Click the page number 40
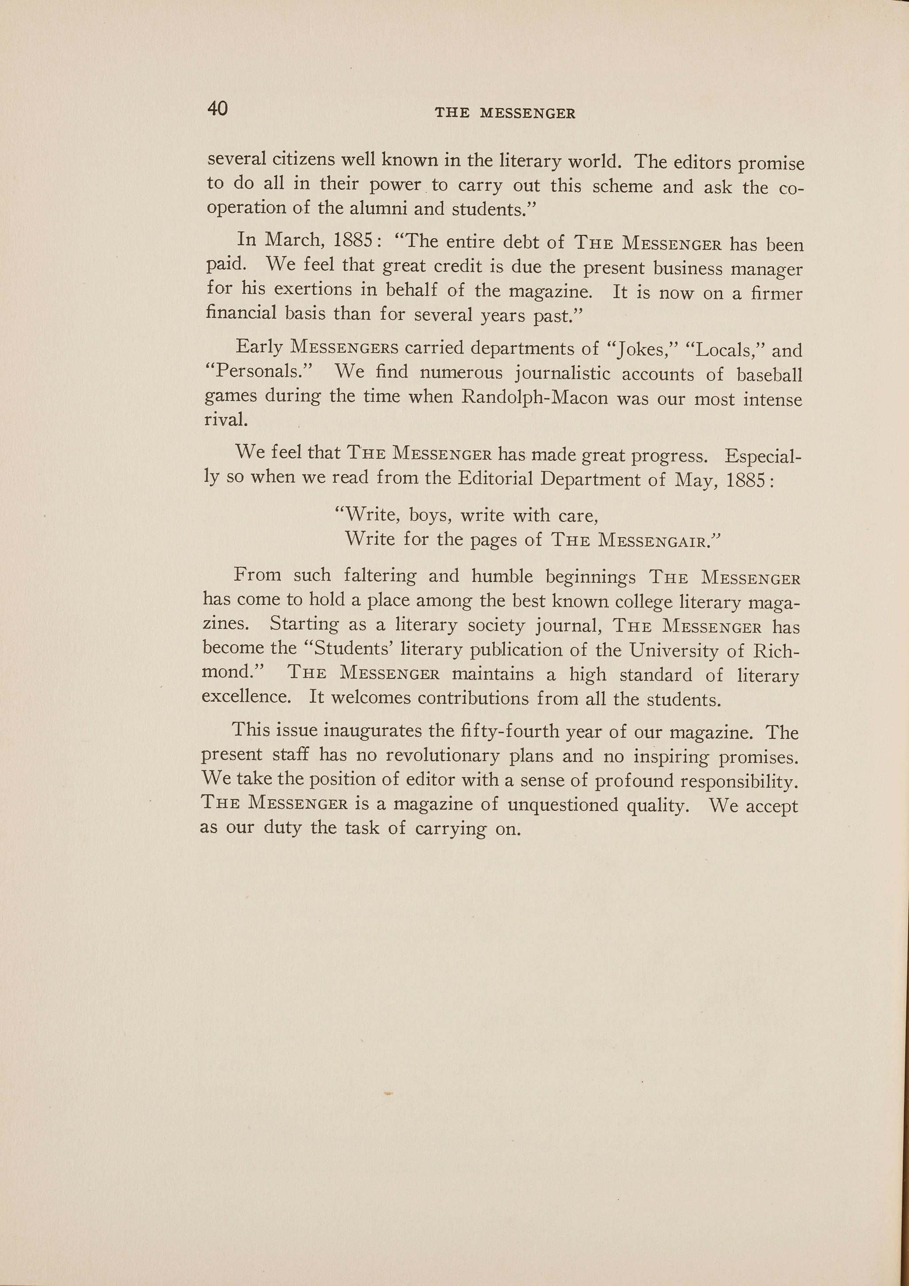click(x=217, y=108)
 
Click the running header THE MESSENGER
click(x=505, y=113)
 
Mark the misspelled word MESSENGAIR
click(x=653, y=540)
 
